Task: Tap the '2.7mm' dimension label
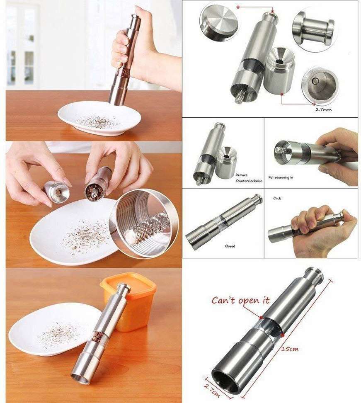(323, 109)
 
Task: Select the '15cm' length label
(290, 349)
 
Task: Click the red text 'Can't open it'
(240, 301)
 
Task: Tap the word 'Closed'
(230, 246)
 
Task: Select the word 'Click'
(277, 198)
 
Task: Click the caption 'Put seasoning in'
(281, 177)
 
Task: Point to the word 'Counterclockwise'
(249, 181)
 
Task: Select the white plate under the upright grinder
(99, 118)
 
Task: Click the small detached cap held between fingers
(56, 192)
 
